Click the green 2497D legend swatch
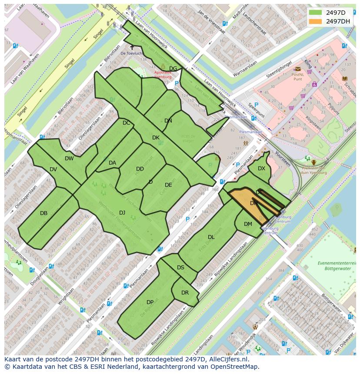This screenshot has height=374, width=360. pos(315,13)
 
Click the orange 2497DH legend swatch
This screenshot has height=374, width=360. pos(315,21)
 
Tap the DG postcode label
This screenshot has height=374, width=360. pos(173,69)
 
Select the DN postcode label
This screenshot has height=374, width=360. pos(168,121)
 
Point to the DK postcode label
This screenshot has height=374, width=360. pos(156,138)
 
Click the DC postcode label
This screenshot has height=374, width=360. pos(126,123)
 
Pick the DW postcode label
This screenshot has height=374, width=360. pos(69,159)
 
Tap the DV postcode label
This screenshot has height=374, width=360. pos(53,169)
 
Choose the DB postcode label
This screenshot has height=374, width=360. pos(43,213)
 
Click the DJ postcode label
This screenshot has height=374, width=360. pos(122,212)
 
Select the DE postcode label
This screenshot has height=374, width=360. pos(168,185)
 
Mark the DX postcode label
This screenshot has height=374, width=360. pos(261,169)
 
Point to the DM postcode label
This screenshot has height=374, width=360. pos(248,224)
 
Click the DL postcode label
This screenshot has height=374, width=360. pos(211,237)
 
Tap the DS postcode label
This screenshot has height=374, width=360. pos(180,268)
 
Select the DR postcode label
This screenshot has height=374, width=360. pos(185,293)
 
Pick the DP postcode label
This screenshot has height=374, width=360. pos(150,302)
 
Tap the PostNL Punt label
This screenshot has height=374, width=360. pos(297,76)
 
